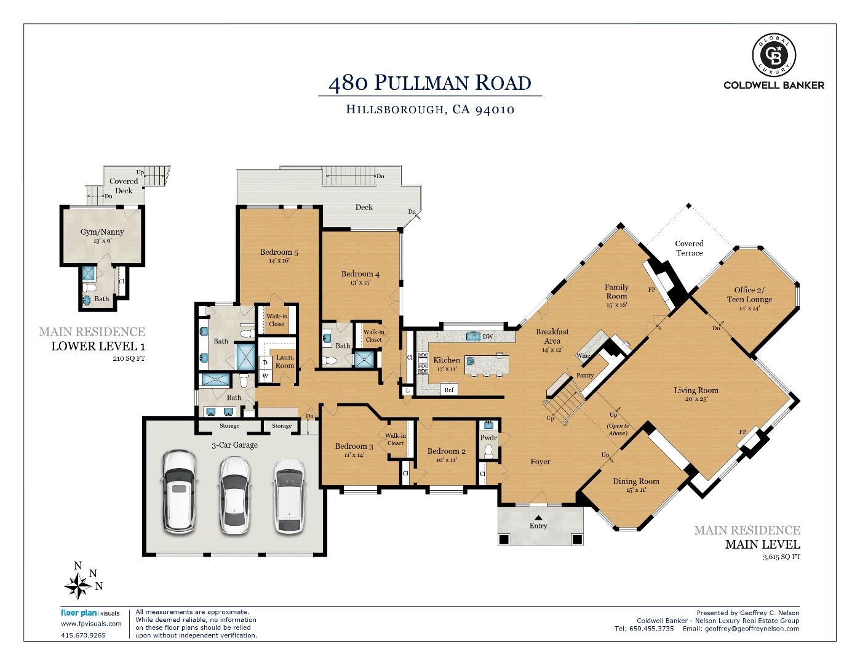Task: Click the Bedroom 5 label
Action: click(279, 252)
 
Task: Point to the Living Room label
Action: click(696, 390)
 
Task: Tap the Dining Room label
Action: click(635, 482)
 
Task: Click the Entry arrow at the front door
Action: click(538, 517)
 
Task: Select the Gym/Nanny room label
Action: click(102, 232)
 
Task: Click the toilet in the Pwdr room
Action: click(489, 453)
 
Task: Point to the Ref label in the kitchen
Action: click(448, 390)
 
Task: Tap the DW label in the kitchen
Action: click(488, 337)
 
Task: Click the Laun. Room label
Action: click(285, 361)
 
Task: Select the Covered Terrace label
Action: click(689, 248)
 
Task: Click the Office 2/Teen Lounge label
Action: click(749, 294)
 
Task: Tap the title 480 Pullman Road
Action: click(429, 83)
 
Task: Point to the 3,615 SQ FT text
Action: click(781, 557)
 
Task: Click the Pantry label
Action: click(584, 376)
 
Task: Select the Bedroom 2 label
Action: click(446, 451)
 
